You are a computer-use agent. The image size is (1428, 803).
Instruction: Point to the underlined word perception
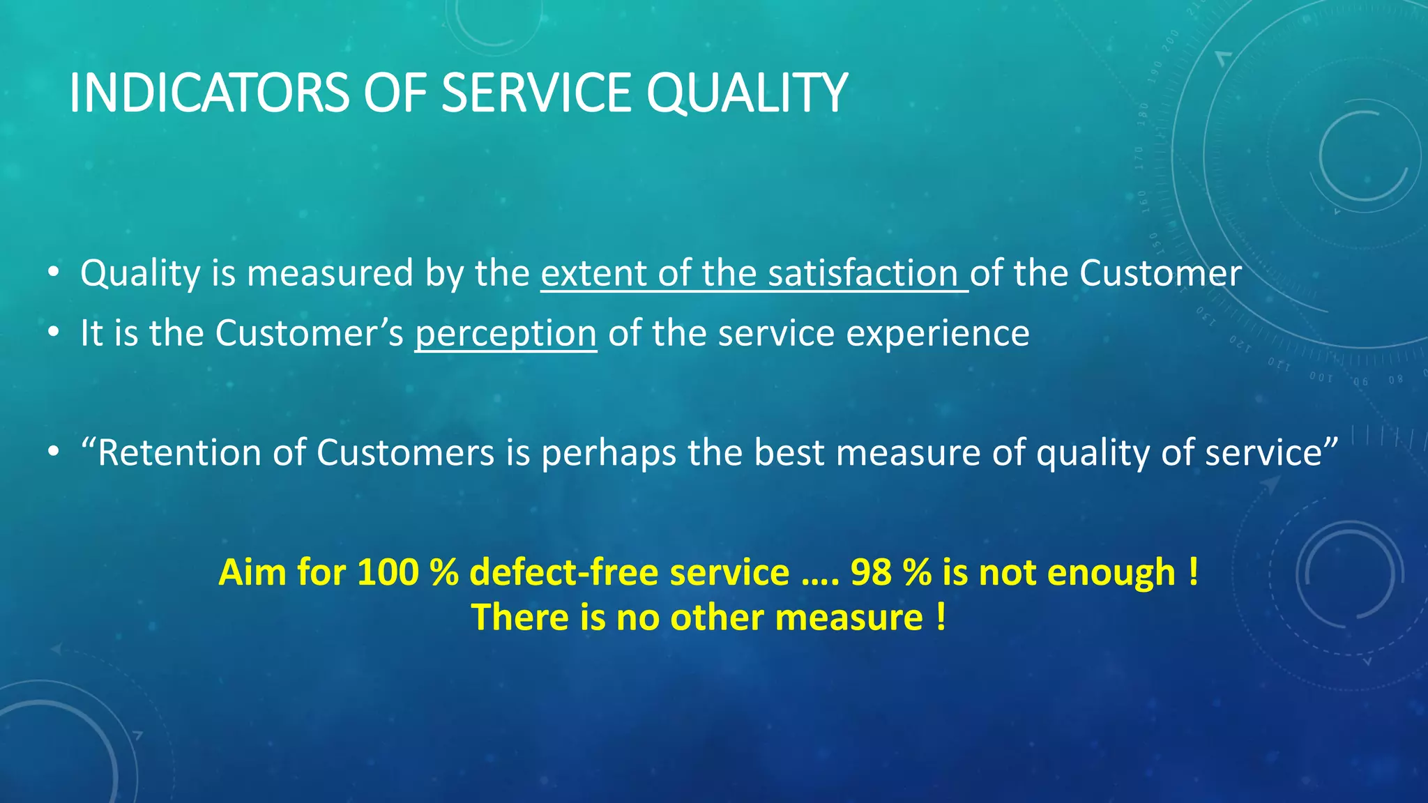506,333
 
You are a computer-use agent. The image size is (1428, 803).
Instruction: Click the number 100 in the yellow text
388,572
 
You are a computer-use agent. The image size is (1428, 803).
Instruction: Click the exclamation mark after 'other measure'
941,617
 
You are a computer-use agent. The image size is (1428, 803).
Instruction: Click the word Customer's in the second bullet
309,333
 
